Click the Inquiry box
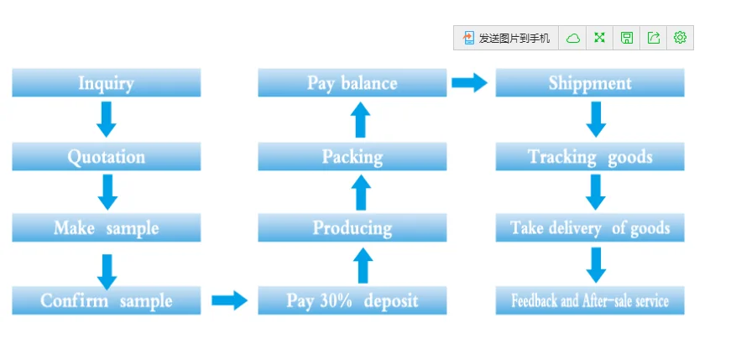[106, 82]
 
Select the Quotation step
[106, 156]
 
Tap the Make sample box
[106, 227]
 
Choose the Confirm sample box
[106, 300]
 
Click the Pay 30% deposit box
[352, 300]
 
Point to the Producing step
[352, 227]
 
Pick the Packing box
[352, 156]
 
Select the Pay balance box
[352, 82]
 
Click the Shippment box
[590, 82]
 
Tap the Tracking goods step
[590, 156]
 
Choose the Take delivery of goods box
[590, 227]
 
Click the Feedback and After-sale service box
[590, 300]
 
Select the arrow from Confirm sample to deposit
[230, 300]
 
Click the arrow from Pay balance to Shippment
[470, 82]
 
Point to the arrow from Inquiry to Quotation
[107, 119]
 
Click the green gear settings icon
[680, 38]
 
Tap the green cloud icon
[572, 38]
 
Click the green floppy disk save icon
[627, 38]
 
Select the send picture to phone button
[506, 38]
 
